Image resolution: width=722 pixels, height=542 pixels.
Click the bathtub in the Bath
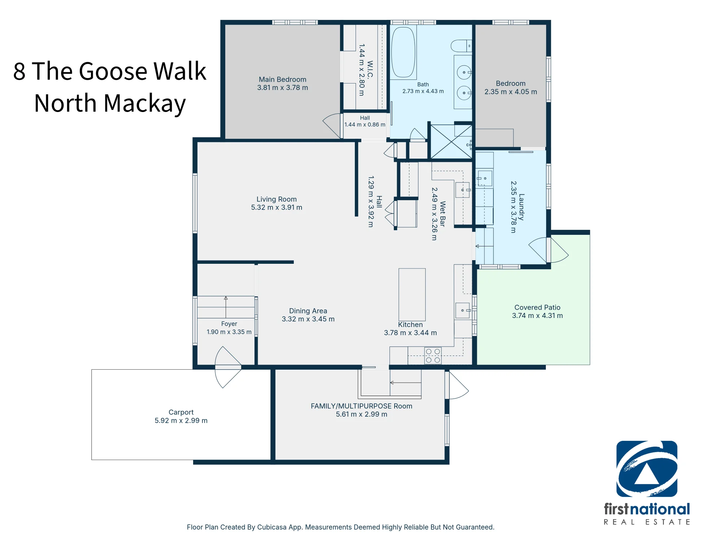pyautogui.click(x=403, y=52)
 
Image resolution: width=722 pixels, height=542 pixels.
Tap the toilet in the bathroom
pyautogui.click(x=461, y=46)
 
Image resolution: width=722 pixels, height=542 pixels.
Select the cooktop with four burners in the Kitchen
pyautogui.click(x=433, y=356)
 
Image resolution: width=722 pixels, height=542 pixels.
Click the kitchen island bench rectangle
pyautogui.click(x=412, y=294)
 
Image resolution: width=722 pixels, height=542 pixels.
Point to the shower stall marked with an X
pyautogui.click(x=452, y=142)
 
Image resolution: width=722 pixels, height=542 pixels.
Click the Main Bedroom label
pyautogui.click(x=282, y=79)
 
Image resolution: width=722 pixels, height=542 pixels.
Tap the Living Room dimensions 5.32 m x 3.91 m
pyautogui.click(x=277, y=207)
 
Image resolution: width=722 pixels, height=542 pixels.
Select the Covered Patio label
pyautogui.click(x=537, y=307)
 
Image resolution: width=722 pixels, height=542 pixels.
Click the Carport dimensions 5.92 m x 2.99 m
pyautogui.click(x=181, y=421)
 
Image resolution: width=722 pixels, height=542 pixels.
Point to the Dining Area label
pyautogui.click(x=308, y=311)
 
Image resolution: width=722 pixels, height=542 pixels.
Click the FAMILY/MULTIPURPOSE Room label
pyautogui.click(x=361, y=406)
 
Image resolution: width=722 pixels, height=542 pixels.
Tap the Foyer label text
pyautogui.click(x=229, y=324)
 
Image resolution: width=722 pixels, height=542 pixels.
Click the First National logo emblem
pyautogui.click(x=647, y=469)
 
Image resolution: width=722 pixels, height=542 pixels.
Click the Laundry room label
pyautogui.click(x=521, y=207)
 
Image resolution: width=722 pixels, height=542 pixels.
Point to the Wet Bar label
pyautogui.click(x=443, y=214)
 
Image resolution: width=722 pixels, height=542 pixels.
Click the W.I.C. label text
pyautogui.click(x=370, y=70)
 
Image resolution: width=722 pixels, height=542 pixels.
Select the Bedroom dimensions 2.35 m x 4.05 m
pyautogui.click(x=510, y=92)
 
